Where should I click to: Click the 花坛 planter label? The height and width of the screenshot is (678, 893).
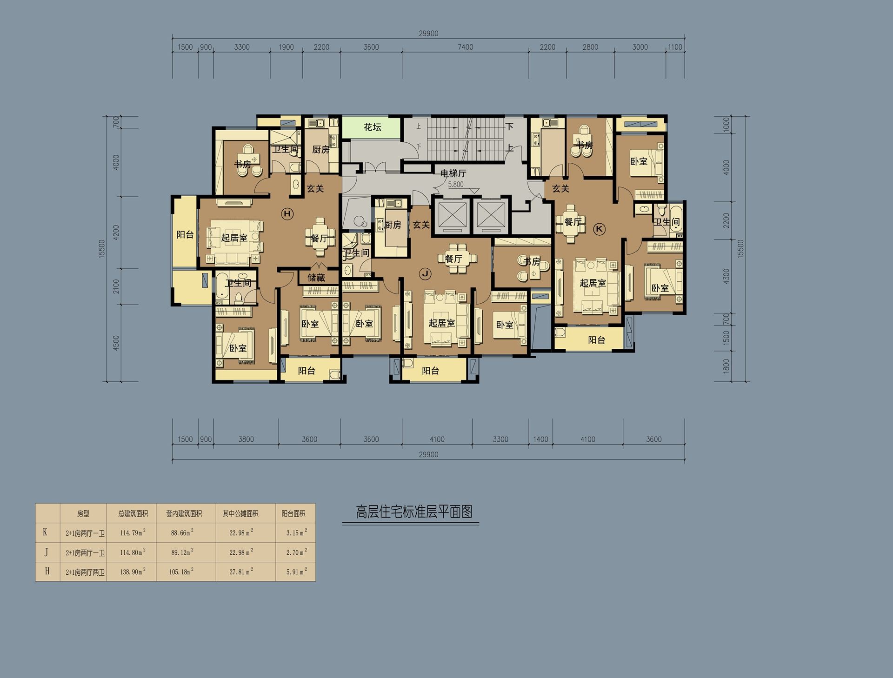(373, 127)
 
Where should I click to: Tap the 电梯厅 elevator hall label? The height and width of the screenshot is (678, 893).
(453, 173)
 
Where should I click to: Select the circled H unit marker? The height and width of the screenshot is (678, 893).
(287, 214)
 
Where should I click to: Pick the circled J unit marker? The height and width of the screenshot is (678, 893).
(425, 274)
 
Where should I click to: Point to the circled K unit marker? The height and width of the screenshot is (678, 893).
(599, 228)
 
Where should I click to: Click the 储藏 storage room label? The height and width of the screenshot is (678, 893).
(316, 278)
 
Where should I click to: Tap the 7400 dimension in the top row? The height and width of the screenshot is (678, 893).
(466, 47)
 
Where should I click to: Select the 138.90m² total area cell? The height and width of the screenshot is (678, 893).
(133, 572)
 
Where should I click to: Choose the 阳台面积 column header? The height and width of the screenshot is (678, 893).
(293, 514)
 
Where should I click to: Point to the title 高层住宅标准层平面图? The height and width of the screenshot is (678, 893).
(414, 512)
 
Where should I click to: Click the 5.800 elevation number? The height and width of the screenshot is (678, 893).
(456, 185)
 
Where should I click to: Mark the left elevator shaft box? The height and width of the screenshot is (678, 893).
(451, 215)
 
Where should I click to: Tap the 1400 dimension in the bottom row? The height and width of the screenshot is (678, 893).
(540, 439)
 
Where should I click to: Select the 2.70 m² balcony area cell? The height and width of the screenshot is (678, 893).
(297, 552)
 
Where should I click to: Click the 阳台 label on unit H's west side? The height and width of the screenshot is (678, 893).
(185, 235)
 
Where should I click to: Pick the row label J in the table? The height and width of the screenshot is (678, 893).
(46, 552)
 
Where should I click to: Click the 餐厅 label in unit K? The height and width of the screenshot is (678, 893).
(573, 222)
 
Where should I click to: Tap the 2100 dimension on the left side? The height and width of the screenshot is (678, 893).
(116, 286)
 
